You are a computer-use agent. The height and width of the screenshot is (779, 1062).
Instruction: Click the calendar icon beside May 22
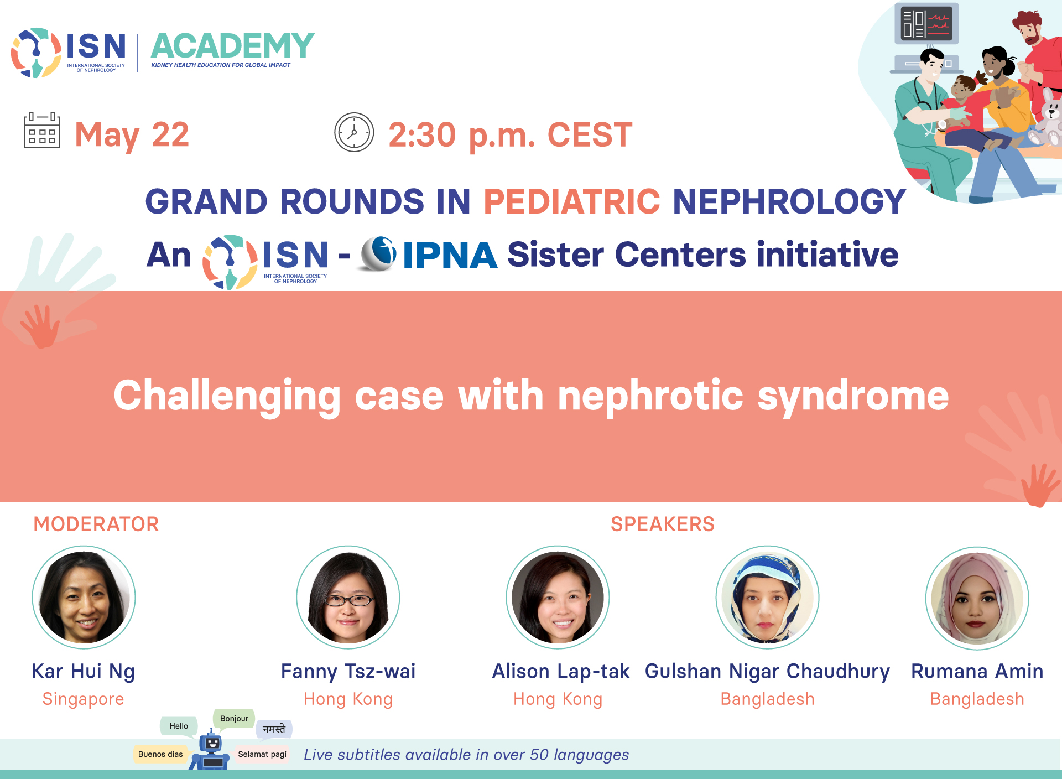pyautogui.click(x=42, y=131)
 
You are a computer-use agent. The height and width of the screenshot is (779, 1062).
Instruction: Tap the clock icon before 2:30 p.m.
pyautogui.click(x=354, y=132)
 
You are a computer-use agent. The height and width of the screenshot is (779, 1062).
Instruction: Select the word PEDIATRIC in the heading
pyautogui.click(x=572, y=201)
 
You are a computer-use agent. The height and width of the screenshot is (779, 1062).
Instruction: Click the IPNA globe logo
pyautogui.click(x=378, y=254)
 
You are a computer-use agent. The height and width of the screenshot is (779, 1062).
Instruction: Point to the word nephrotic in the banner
pyautogui.click(x=650, y=396)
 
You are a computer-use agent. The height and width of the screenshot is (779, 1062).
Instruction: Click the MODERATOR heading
pyautogui.click(x=96, y=524)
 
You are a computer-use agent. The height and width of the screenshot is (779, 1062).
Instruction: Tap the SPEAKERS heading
pyautogui.click(x=663, y=524)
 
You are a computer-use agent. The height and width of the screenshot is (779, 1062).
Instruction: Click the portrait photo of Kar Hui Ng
pyautogui.click(x=84, y=597)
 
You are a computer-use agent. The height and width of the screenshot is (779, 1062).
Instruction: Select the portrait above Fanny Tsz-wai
pyautogui.click(x=348, y=597)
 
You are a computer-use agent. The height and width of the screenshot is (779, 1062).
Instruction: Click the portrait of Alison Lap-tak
pyautogui.click(x=558, y=597)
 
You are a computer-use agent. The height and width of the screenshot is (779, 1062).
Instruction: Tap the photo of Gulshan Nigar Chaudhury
pyautogui.click(x=767, y=597)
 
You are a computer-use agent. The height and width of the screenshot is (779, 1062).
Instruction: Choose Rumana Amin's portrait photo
pyautogui.click(x=977, y=598)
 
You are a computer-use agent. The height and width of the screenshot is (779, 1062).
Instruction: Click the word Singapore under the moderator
pyautogui.click(x=84, y=699)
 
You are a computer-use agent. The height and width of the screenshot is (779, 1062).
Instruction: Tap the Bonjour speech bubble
pyautogui.click(x=234, y=719)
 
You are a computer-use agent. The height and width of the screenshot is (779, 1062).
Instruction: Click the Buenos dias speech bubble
pyautogui.click(x=160, y=754)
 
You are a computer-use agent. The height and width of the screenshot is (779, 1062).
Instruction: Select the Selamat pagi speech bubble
pyautogui.click(x=262, y=754)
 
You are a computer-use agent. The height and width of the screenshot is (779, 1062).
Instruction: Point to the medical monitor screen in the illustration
pyautogui.click(x=926, y=24)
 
